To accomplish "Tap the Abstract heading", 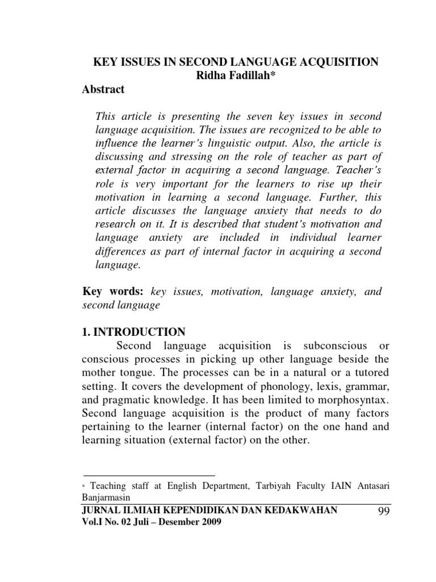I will coord(104,90).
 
